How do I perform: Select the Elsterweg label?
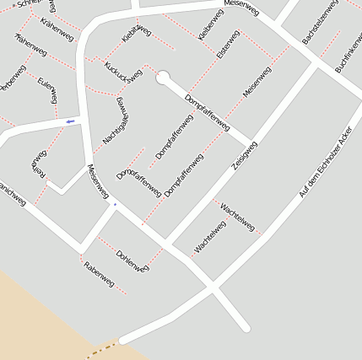point(228,44)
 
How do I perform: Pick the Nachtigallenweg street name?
point(114,119)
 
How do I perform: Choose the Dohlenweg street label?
point(132,260)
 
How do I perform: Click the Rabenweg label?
point(99,274)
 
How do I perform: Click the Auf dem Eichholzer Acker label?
point(324,163)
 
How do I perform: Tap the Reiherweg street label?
point(36,165)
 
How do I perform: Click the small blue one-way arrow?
point(69,121)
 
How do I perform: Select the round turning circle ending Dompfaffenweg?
point(162,78)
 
